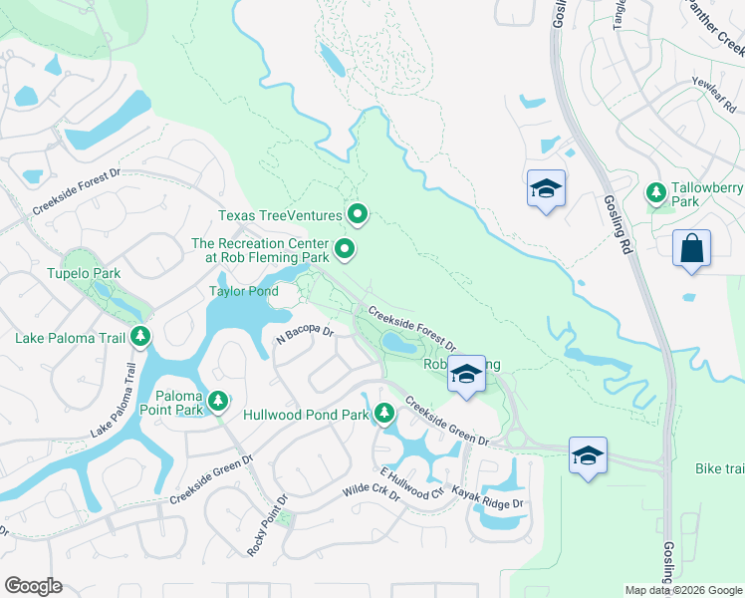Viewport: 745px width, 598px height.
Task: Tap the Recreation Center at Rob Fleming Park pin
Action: (x=346, y=249)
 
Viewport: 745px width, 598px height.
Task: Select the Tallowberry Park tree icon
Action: (x=656, y=191)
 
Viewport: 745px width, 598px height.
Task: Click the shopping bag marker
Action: (x=691, y=248)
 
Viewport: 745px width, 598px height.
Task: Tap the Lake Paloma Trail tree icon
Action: (x=140, y=337)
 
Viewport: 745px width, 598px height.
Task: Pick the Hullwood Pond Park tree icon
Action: (x=383, y=413)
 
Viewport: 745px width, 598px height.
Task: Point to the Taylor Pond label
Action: (x=243, y=291)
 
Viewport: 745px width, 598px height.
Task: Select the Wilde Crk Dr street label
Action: (x=371, y=493)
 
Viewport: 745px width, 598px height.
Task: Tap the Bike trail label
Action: (x=719, y=467)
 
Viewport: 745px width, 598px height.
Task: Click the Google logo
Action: (x=33, y=586)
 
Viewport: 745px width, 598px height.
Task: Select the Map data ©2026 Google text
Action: (x=683, y=590)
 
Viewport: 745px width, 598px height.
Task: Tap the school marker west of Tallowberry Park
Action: (x=545, y=188)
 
